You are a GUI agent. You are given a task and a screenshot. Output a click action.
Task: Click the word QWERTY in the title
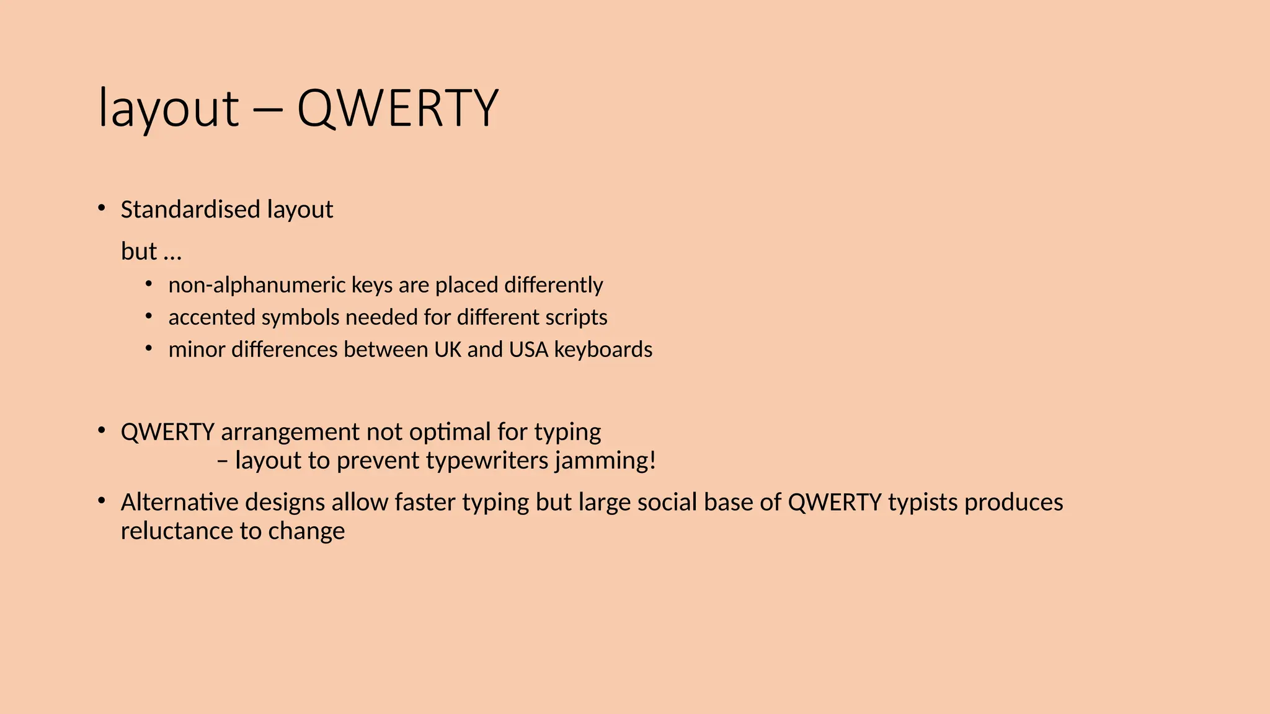pyautogui.click(x=397, y=108)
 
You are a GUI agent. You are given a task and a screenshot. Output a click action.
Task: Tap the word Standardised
pyautogui.click(x=190, y=209)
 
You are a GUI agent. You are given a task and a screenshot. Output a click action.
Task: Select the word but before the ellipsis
pyautogui.click(x=139, y=252)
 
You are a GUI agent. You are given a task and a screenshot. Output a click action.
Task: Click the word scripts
pyautogui.click(x=576, y=317)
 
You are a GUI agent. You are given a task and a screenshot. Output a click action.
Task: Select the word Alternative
pyautogui.click(x=179, y=502)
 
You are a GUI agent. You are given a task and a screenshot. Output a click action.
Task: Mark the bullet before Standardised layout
pyautogui.click(x=102, y=208)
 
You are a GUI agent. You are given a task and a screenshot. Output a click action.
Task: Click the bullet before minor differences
pyautogui.click(x=149, y=348)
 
